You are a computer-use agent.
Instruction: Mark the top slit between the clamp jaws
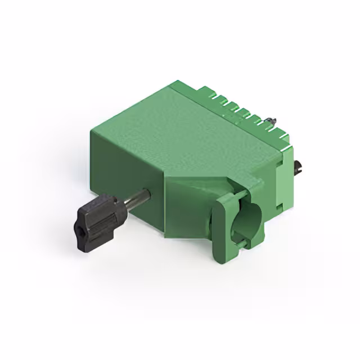click(238, 195)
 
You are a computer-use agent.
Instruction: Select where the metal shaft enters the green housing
click(147, 193)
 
